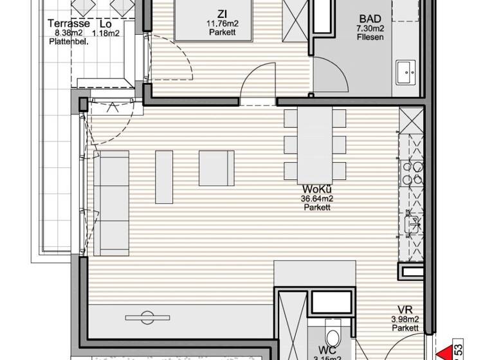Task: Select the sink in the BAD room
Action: pyautogui.click(x=407, y=73)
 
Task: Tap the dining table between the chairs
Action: pyautogui.click(x=316, y=144)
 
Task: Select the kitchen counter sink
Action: pyautogui.click(x=412, y=224)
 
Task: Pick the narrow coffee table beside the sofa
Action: pyautogui.click(x=164, y=175)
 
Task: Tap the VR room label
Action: pyautogui.click(x=405, y=309)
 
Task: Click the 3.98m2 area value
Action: pyautogui.click(x=405, y=319)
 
